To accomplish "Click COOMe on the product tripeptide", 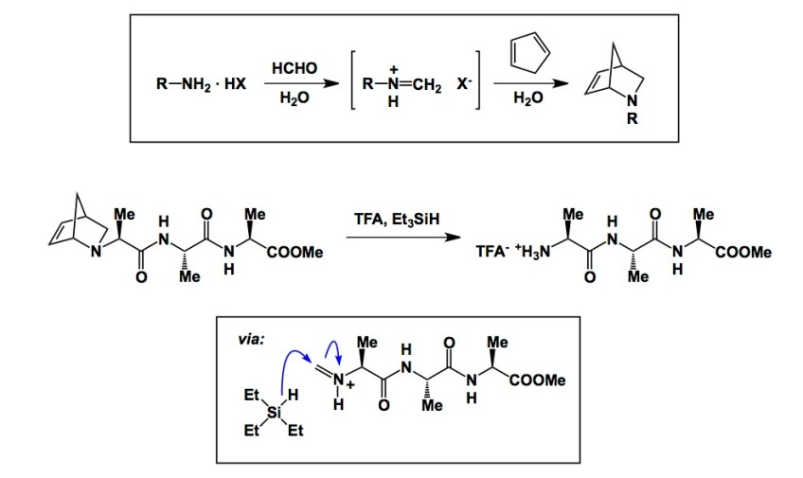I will click(x=745, y=252).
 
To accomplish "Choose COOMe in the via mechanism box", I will click(x=538, y=380).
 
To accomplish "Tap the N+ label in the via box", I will click(x=341, y=381).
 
